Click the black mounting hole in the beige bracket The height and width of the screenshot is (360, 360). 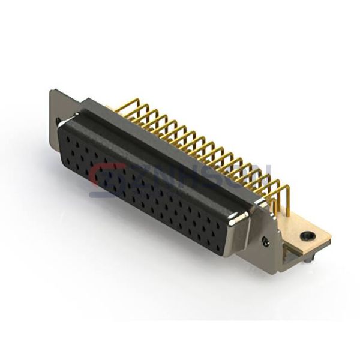(307, 235)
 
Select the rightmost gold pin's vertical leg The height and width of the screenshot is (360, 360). (287, 201)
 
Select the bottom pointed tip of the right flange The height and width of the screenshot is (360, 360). (275, 272)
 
